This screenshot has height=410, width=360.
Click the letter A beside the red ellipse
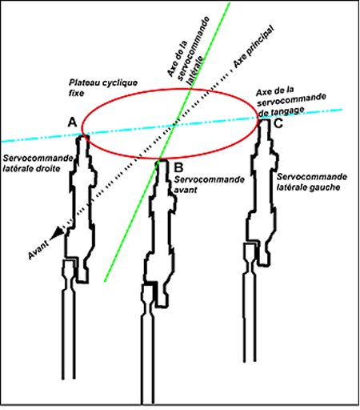click(x=72, y=123)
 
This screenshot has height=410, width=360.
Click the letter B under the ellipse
click(x=178, y=167)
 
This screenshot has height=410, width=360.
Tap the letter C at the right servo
click(x=278, y=123)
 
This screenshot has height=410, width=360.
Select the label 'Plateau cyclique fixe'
click(x=103, y=87)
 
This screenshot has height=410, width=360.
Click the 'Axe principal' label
click(x=254, y=46)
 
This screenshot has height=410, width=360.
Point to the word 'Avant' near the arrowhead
click(x=38, y=250)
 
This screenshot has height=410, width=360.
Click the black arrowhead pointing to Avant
click(x=57, y=233)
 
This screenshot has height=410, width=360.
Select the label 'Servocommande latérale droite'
click(x=38, y=163)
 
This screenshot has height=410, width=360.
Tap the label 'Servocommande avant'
click(x=209, y=184)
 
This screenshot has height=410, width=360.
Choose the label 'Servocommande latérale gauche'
click(x=312, y=182)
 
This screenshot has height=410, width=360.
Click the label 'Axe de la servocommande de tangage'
click(x=290, y=102)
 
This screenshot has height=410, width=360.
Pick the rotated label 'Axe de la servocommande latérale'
click(x=189, y=50)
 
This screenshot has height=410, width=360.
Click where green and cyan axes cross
click(x=174, y=124)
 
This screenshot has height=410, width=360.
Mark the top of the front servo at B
click(x=162, y=160)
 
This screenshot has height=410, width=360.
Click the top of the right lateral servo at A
click(x=82, y=137)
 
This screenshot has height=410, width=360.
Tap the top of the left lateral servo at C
click(x=264, y=120)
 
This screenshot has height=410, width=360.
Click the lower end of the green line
click(x=105, y=281)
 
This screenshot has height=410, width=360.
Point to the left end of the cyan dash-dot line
click(x=2, y=141)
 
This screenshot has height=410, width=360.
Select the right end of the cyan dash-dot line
click(x=342, y=109)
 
